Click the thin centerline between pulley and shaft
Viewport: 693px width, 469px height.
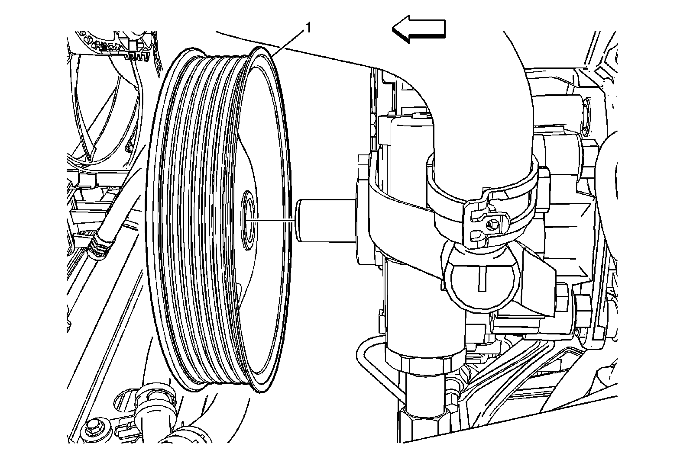[x=273, y=220]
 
